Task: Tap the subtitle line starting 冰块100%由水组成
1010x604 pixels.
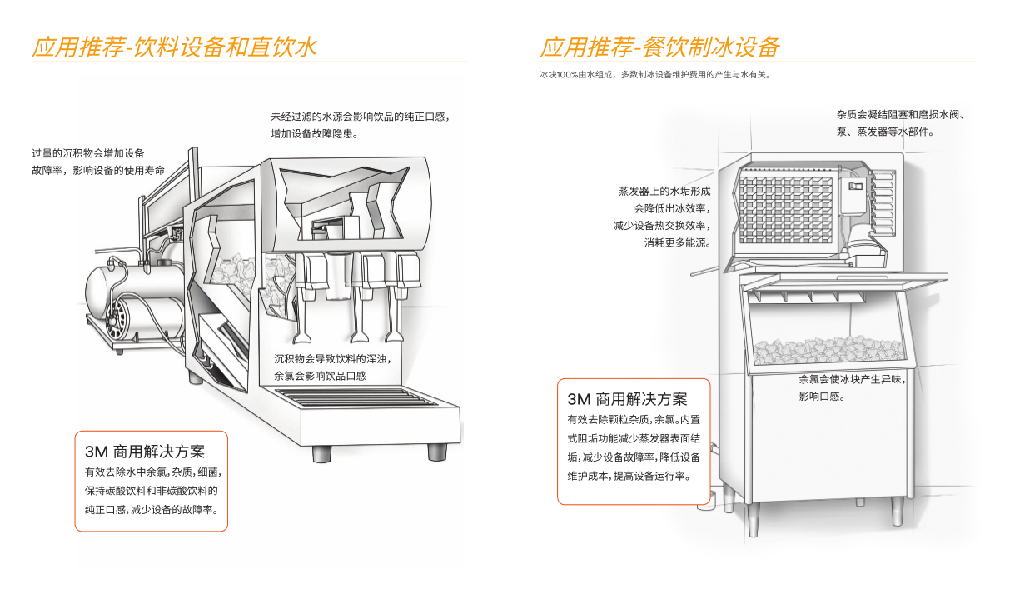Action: (654, 74)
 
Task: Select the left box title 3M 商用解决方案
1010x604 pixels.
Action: (144, 452)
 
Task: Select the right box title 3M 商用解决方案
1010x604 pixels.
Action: (627, 399)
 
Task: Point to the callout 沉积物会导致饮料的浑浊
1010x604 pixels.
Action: (333, 359)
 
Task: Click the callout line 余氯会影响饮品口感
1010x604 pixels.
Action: (320, 376)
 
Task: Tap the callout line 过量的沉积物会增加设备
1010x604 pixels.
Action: (88, 152)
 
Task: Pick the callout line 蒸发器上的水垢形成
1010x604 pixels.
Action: (664, 191)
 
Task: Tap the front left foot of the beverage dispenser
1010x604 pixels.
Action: (321, 453)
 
